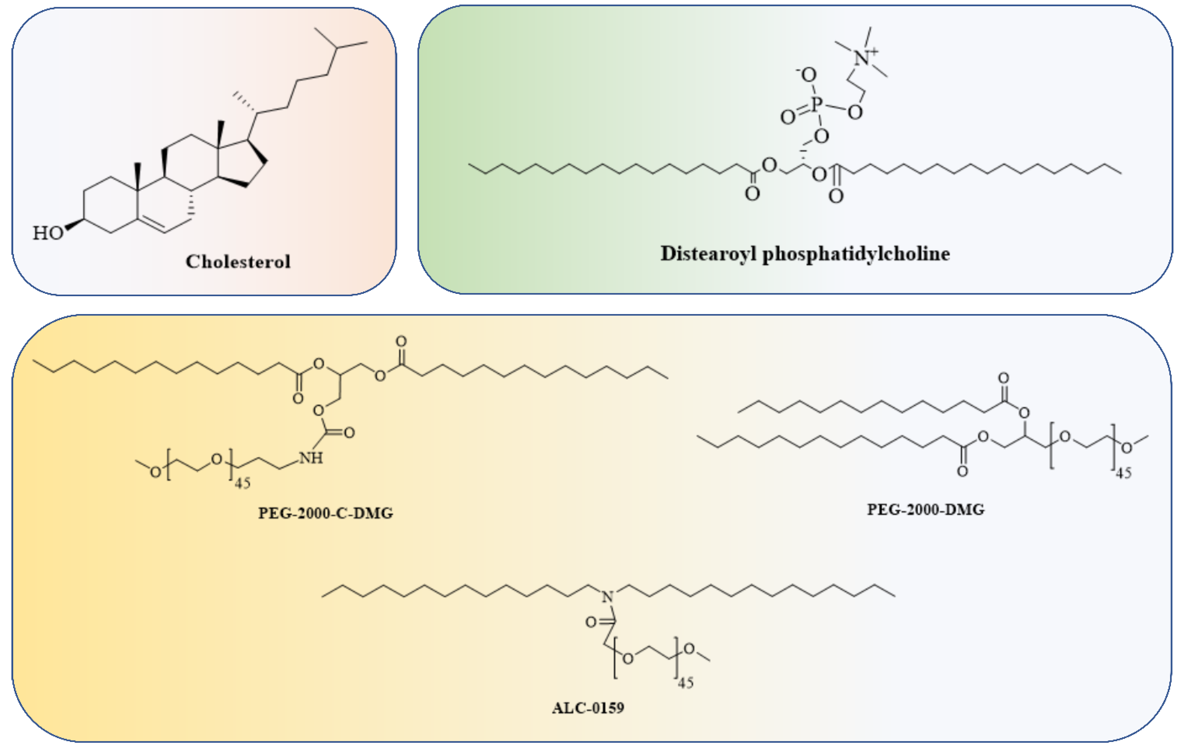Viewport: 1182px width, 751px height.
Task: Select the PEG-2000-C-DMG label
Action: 325,513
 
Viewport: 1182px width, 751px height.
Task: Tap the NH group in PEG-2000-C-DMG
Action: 311,458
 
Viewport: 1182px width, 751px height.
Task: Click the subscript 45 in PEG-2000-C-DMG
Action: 242,483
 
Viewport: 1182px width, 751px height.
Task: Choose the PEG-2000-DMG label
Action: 926,510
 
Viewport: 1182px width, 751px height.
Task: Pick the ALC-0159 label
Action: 588,708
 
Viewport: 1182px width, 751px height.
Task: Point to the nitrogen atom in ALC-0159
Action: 608,597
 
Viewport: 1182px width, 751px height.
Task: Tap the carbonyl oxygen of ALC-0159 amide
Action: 591,622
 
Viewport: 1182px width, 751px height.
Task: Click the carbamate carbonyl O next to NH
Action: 349,433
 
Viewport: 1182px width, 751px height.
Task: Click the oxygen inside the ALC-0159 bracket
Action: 628,658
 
